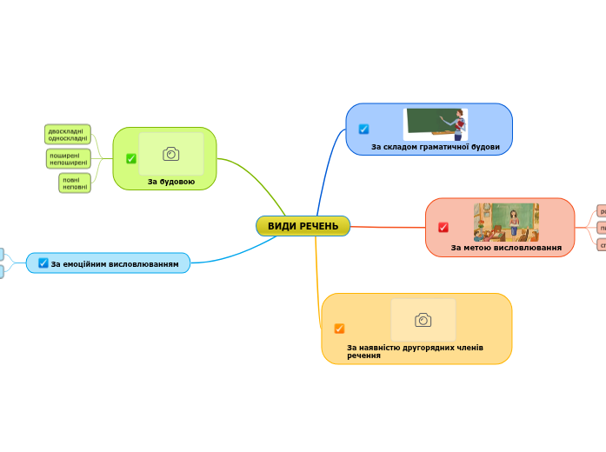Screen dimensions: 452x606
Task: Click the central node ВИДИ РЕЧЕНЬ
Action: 303,226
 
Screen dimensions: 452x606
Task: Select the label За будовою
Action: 170,182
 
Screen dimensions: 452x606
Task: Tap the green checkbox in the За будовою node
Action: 131,158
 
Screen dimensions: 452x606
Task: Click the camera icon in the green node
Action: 171,154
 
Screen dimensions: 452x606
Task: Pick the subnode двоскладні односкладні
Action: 67,134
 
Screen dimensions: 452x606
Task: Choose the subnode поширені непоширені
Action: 68,158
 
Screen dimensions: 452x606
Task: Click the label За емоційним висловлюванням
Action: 115,263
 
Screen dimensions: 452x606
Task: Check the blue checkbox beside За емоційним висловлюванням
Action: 43,263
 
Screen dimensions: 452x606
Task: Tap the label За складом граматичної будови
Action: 435,147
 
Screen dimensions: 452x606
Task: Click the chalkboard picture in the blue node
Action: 435,124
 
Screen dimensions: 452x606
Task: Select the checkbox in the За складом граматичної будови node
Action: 363,129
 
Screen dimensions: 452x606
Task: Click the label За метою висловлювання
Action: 506,248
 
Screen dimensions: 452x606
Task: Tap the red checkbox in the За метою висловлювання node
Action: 443,228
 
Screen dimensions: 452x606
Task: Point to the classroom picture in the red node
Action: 506,223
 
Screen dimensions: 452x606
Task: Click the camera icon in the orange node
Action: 423,320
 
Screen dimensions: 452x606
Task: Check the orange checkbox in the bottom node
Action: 339,329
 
